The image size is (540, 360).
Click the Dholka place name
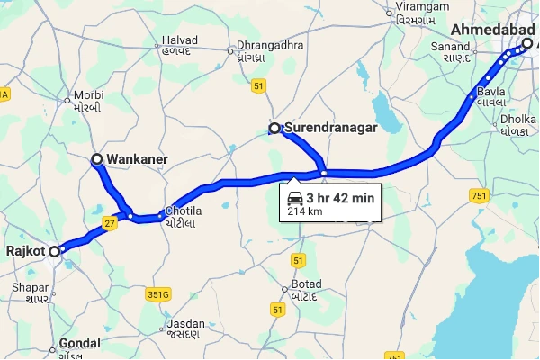(x=518, y=117)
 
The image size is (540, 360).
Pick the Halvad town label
(x=177, y=41)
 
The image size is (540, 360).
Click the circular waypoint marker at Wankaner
(x=97, y=159)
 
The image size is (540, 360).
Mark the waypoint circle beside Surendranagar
(x=274, y=129)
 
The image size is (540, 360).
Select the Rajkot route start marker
(x=54, y=251)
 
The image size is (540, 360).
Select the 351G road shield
(x=158, y=293)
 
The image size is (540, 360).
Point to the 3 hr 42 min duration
(x=339, y=198)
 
